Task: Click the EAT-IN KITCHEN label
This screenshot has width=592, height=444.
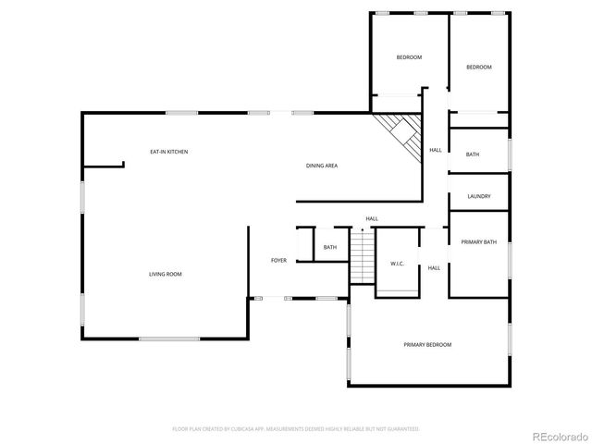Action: [x=169, y=151]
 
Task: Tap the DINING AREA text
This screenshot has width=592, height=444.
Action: [x=322, y=166]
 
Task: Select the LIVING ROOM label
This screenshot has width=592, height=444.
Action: [x=166, y=274]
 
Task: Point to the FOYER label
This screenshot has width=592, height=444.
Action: [x=278, y=261]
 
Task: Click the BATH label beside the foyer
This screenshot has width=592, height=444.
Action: [x=330, y=247]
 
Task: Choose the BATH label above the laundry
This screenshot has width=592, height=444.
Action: [x=473, y=154]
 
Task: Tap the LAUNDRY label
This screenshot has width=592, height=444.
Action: [x=478, y=196]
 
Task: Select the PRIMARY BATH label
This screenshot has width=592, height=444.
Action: [x=479, y=242]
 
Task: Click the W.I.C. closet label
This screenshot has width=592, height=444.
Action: [x=397, y=264]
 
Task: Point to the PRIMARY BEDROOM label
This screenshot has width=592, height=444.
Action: [x=427, y=344]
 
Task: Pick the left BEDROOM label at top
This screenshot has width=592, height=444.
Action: [x=409, y=57]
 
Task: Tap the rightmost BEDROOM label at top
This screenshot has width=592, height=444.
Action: [x=478, y=67]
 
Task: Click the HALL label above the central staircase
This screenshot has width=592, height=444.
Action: [x=372, y=219]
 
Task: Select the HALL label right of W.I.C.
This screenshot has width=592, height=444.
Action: [x=434, y=268]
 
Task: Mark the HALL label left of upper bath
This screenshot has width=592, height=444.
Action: [x=435, y=150]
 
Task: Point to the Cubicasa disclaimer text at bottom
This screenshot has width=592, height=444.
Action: [x=296, y=429]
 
